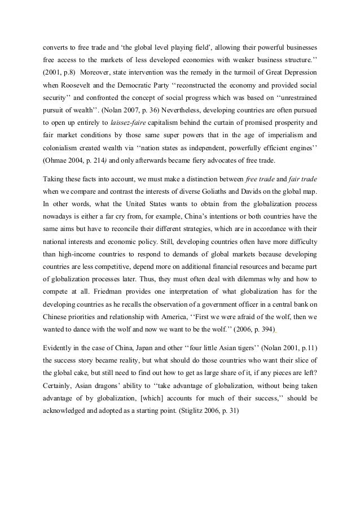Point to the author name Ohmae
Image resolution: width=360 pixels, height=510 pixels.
pyautogui.click(x=56, y=160)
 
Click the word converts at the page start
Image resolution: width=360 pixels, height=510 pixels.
pyautogui.click(x=56, y=43)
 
